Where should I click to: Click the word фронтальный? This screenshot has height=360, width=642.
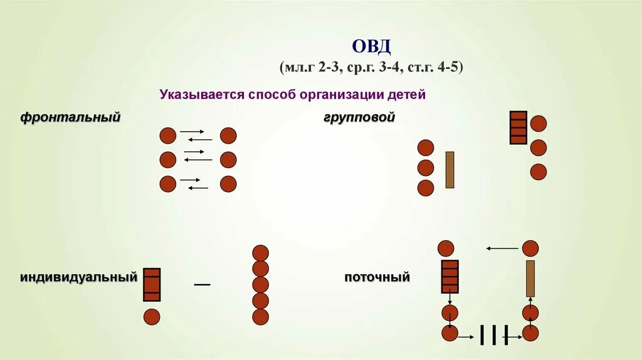(70, 117)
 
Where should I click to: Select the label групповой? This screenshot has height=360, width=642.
(359, 117)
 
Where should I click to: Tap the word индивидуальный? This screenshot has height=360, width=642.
(78, 277)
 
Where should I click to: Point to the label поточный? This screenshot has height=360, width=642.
(377, 277)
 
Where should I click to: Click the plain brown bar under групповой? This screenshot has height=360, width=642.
(450, 169)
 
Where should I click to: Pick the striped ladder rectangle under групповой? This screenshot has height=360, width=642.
(518, 127)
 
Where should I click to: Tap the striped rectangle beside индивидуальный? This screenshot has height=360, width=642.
(152, 284)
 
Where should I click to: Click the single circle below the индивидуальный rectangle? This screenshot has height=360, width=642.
(152, 317)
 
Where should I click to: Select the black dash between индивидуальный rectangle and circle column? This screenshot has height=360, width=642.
(202, 285)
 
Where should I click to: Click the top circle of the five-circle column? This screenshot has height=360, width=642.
(260, 253)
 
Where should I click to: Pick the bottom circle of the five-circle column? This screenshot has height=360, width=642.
(260, 317)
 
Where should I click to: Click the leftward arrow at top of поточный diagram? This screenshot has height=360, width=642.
(502, 249)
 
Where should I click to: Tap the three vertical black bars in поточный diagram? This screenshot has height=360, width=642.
(493, 335)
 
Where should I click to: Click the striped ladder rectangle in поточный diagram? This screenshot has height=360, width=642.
(450, 277)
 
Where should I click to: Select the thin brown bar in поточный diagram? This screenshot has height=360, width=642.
(530, 278)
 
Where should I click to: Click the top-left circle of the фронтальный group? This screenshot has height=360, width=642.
(167, 135)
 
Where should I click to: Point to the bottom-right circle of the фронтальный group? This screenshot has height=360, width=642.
(228, 184)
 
